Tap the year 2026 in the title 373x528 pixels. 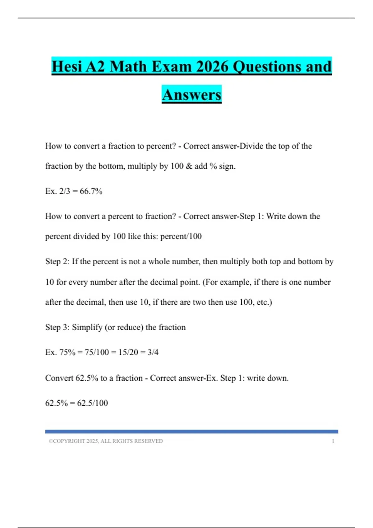pyautogui.click(x=212, y=67)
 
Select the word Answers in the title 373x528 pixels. pyautogui.click(x=191, y=95)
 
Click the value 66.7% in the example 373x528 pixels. pyautogui.click(x=91, y=191)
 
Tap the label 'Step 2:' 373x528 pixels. pyautogui.click(x=57, y=262)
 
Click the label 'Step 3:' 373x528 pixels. pyautogui.click(x=57, y=327)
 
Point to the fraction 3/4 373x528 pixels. pyautogui.click(x=153, y=352)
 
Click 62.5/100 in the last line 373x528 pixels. pyautogui.click(x=92, y=403)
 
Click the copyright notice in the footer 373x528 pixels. pyautogui.click(x=106, y=441)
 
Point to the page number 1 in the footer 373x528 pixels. pyautogui.click(x=333, y=441)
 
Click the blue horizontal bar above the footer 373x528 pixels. pyautogui.click(x=191, y=431)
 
